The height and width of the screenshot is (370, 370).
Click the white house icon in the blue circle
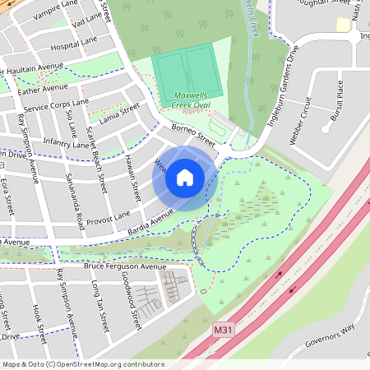(x=185, y=178)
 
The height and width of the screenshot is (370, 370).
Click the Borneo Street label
(x=193, y=135)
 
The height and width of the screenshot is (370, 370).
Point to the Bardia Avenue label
(x=150, y=220)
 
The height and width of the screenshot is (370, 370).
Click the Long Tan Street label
(x=101, y=304)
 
